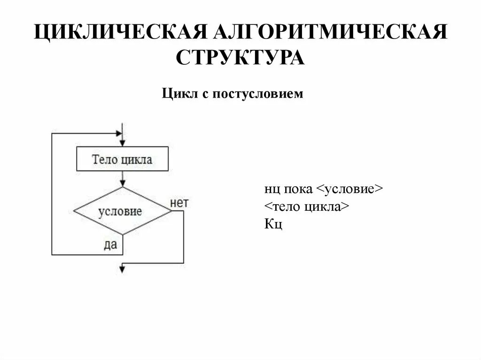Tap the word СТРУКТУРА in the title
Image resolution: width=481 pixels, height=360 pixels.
click(x=240, y=58)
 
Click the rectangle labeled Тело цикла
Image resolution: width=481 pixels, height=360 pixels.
click(x=122, y=160)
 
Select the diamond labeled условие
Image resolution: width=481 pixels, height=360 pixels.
click(x=123, y=211)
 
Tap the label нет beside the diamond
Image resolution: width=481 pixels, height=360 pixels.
click(x=179, y=203)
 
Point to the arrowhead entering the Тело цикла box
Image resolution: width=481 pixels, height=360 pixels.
click(x=122, y=143)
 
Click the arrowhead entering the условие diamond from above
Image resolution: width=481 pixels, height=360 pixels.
click(x=122, y=184)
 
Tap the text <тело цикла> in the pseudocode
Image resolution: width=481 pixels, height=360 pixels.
click(x=306, y=207)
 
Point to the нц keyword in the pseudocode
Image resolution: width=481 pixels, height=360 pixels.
click(x=271, y=190)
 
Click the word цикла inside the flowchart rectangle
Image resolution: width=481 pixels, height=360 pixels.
click(x=137, y=160)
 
